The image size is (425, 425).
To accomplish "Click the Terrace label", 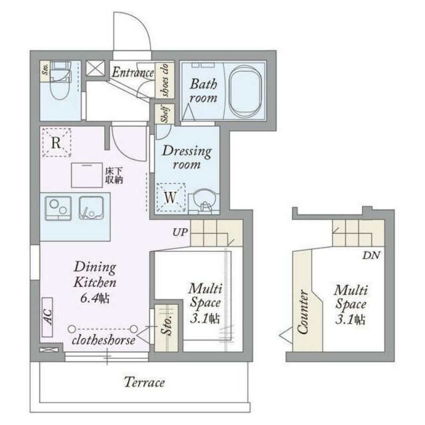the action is click(x=144, y=382).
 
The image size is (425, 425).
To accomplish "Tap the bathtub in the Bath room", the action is click(x=245, y=91).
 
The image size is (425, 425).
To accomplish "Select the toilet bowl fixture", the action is click(x=61, y=86).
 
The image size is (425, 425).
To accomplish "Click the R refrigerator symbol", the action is click(x=56, y=142).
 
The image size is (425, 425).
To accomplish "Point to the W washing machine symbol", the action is click(x=171, y=197).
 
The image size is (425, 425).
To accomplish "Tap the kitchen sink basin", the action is click(x=91, y=208).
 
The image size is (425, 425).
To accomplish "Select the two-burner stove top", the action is click(x=58, y=208).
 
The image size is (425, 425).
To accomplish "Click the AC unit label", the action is click(x=47, y=317).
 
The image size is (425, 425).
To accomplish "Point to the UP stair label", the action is click(x=180, y=232).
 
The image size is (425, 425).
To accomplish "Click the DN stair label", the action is click(x=371, y=255).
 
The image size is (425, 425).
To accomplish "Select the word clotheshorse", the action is click(x=103, y=340).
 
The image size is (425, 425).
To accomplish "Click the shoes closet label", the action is click(x=165, y=80).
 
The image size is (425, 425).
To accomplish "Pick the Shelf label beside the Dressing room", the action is click(x=165, y=114).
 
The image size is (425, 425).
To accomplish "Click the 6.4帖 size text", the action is click(x=95, y=298).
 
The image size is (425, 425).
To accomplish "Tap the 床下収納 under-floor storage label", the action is click(x=114, y=176).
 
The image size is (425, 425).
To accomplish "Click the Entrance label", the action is click(x=133, y=72).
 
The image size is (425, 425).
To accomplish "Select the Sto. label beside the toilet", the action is click(x=45, y=69).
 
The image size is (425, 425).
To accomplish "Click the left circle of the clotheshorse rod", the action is click(x=72, y=329).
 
